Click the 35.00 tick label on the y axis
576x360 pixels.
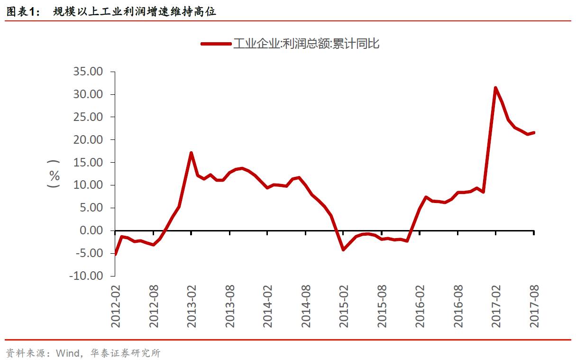[x=87, y=72]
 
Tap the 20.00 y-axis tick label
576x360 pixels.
[x=87, y=140]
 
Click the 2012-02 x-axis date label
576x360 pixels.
[x=116, y=306]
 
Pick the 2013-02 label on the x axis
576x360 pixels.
[x=192, y=306]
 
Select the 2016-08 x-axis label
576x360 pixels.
[x=458, y=306]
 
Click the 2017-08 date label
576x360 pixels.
[x=534, y=306]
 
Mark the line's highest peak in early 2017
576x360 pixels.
[x=495, y=88]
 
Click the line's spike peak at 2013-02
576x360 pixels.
[x=191, y=153]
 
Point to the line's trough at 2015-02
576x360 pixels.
[x=343, y=249]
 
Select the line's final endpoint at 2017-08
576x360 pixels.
[x=534, y=132]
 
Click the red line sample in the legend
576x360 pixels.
[x=216, y=44]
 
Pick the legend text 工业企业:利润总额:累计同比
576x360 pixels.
[x=306, y=44]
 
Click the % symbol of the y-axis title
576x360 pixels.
[x=55, y=176]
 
